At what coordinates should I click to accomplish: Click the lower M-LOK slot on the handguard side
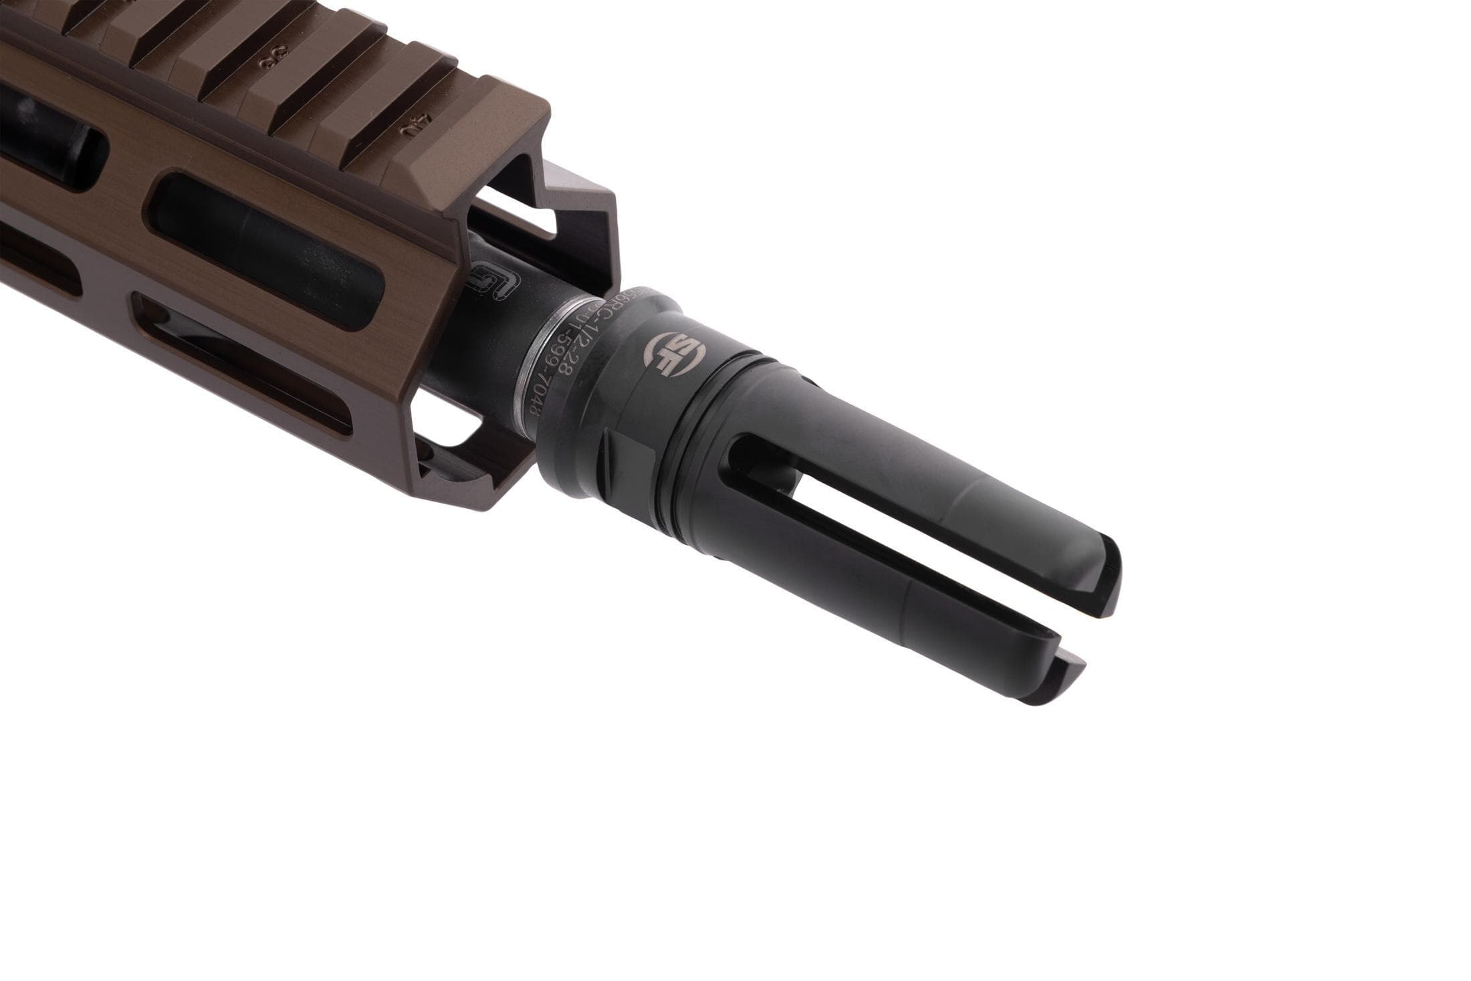point(247,374)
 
